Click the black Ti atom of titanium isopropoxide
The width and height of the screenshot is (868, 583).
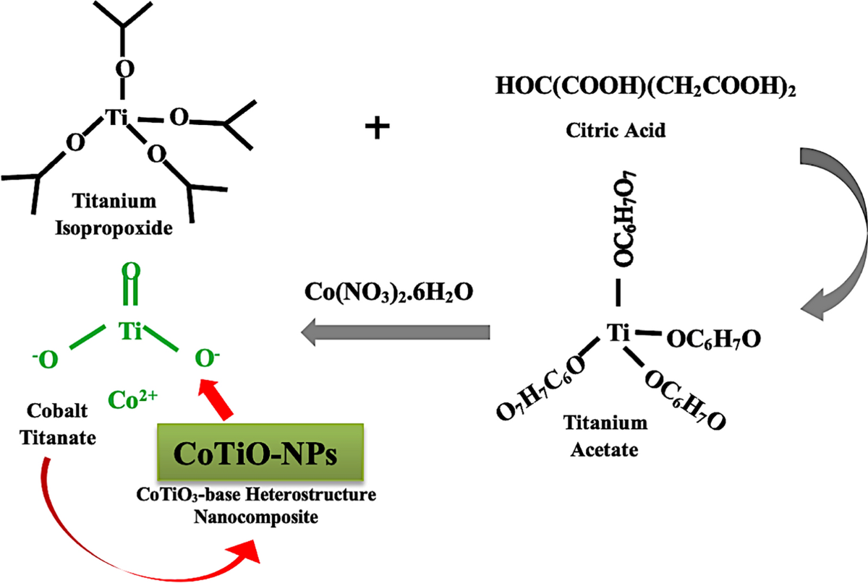coord(116,117)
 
